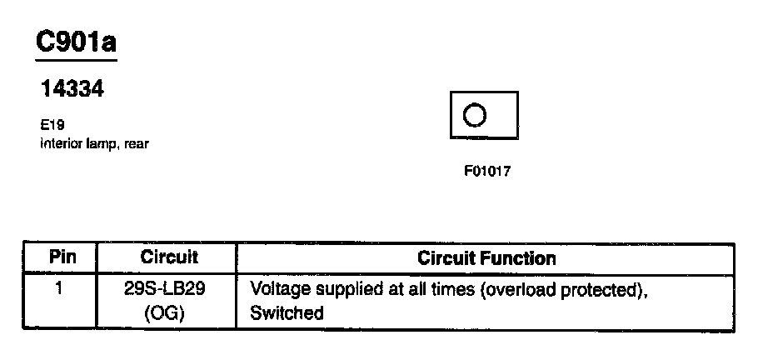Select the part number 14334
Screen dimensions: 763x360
click(x=72, y=89)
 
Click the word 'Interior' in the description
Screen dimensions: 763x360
click(x=59, y=143)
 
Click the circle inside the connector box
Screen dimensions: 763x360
click(x=474, y=114)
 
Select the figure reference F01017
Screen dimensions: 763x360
click(x=487, y=172)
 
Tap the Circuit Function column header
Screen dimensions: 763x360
click(x=486, y=258)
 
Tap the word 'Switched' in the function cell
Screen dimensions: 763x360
click(x=286, y=314)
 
